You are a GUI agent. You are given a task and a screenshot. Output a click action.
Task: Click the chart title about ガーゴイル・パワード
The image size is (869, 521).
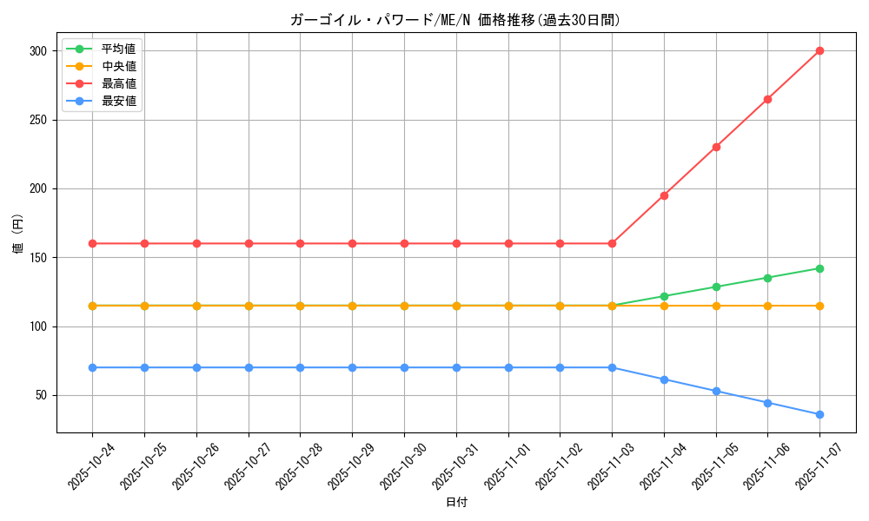(x=455, y=20)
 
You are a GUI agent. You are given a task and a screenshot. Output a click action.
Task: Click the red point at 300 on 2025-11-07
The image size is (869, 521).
(x=819, y=50)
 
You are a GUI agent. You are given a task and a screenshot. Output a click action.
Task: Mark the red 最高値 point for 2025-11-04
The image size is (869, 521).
(x=664, y=195)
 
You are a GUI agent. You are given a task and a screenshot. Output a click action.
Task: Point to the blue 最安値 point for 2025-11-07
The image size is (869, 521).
(x=819, y=414)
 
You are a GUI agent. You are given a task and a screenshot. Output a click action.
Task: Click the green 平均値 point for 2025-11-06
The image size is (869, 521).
(x=767, y=278)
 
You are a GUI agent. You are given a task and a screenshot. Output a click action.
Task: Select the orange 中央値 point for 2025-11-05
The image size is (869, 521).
(x=716, y=306)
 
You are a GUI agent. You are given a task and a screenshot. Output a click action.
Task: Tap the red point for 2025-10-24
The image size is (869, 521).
(x=92, y=243)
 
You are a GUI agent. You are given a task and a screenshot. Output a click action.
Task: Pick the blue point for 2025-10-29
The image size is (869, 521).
(x=352, y=367)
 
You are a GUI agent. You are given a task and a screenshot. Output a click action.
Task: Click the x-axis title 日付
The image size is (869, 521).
(x=455, y=503)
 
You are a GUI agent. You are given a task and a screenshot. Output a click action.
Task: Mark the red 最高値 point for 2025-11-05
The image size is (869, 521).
(x=716, y=147)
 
